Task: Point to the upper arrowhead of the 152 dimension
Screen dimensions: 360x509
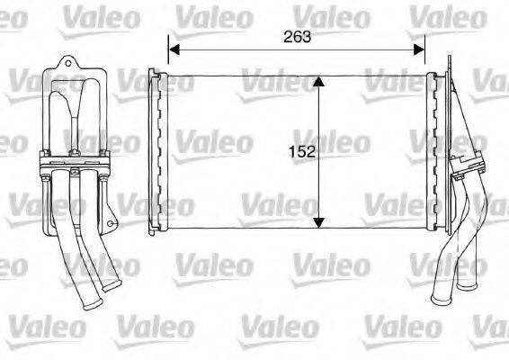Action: pos(317,82)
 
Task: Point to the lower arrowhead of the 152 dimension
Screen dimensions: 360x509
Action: pos(317,221)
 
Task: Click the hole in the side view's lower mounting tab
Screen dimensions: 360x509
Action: pos(111,219)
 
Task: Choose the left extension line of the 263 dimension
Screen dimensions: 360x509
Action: pos(168,54)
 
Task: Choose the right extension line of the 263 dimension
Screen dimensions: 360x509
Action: pos(425,54)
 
